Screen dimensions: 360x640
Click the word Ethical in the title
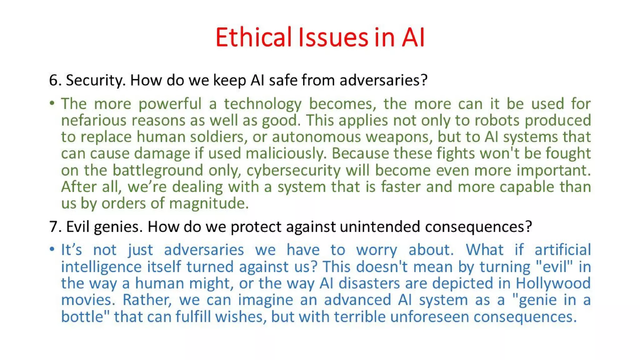tap(253, 37)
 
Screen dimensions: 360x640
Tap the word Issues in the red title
tap(333, 37)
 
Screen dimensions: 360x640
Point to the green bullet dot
tap(52, 103)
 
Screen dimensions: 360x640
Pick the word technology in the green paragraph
tap(263, 104)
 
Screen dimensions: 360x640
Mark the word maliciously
tap(286, 153)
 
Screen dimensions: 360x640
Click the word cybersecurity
tap(293, 170)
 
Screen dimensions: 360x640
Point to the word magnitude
tap(209, 203)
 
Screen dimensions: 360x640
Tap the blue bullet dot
tap(52, 249)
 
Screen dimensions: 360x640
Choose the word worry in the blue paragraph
tap(377, 250)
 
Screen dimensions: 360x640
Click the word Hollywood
tap(553, 283)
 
